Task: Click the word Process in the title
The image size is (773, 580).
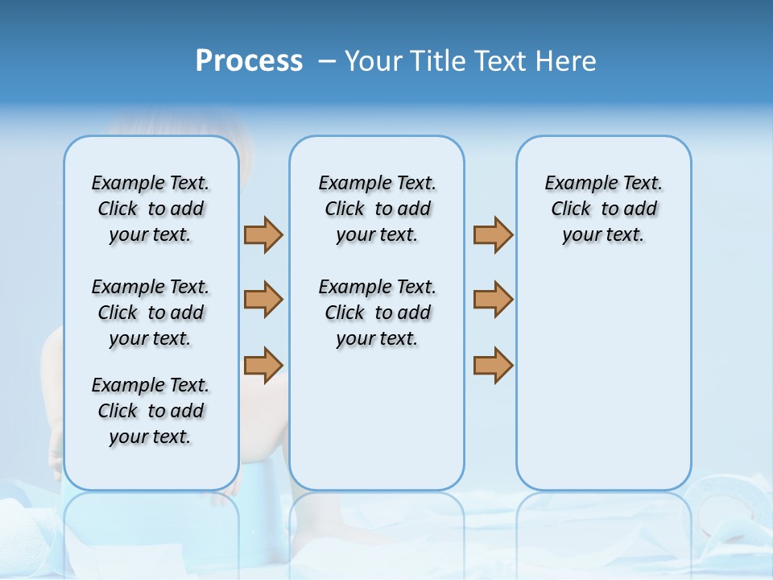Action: (249, 60)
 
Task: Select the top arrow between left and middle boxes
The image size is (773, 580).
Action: (263, 234)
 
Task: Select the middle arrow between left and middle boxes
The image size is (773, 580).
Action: (263, 300)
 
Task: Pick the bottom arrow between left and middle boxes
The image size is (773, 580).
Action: (263, 365)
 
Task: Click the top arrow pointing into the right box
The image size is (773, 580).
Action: (493, 234)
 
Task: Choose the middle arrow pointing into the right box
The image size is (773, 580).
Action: (493, 300)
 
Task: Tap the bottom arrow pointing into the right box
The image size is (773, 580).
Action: (493, 365)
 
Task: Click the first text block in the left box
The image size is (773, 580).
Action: (151, 209)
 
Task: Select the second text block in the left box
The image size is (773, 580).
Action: (151, 313)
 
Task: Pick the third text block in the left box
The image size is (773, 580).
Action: (151, 411)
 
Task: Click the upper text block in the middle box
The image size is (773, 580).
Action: (377, 209)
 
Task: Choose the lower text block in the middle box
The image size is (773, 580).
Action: (377, 313)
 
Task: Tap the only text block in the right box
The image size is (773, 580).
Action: (603, 209)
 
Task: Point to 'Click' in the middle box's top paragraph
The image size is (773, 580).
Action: (345, 209)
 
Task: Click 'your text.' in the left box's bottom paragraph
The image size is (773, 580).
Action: (151, 437)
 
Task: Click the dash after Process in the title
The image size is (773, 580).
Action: (326, 61)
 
